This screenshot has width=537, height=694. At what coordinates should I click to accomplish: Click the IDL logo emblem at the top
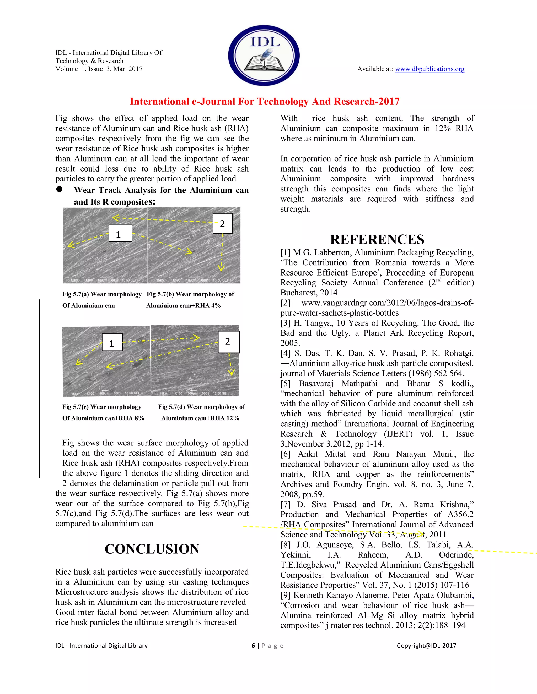264,56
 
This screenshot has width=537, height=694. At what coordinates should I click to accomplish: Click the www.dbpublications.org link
429,69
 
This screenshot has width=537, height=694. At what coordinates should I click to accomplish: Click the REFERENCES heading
377,239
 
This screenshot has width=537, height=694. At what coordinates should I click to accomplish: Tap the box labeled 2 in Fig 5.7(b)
222,223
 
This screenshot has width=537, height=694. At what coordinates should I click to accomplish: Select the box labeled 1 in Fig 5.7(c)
112,342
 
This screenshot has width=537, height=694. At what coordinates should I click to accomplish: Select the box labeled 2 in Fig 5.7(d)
228,342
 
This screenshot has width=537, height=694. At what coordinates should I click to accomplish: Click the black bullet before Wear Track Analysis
59,189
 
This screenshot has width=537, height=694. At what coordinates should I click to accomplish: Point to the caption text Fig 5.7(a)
76,294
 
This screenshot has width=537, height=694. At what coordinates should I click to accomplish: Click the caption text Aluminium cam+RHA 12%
200,418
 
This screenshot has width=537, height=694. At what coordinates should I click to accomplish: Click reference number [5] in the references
285,384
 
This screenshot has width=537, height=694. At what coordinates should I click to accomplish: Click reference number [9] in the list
285,595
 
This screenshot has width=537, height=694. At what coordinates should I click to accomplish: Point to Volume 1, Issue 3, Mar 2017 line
99,69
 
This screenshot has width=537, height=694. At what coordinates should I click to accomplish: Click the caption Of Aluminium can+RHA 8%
103,418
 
